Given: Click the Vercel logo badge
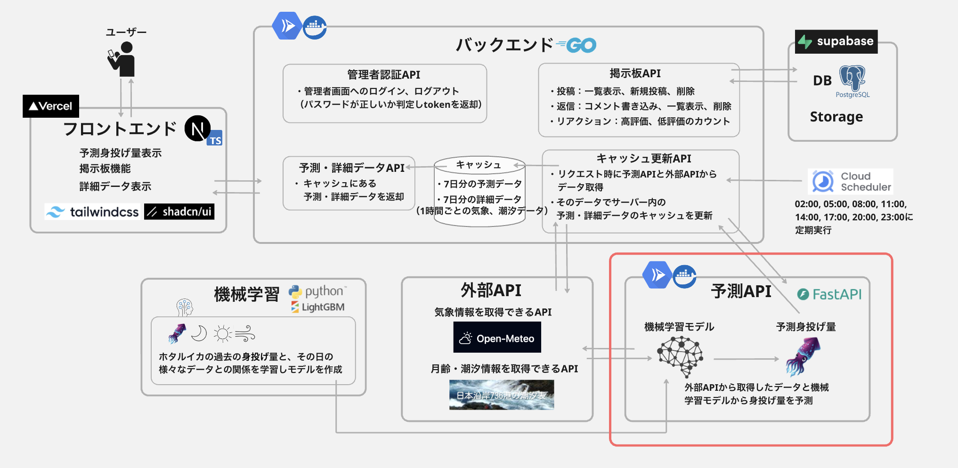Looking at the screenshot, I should point(51,106).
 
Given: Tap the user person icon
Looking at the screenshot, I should point(123,59).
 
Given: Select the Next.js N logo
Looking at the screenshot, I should point(197,129).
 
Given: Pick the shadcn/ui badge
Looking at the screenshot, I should point(179,212).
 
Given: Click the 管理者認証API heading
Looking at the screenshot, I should point(383,74).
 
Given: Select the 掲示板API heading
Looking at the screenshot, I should point(635,73).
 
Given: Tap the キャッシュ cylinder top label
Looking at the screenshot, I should point(479,165).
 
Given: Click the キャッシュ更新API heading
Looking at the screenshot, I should point(643,159).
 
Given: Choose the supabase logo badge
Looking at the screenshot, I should point(836,41).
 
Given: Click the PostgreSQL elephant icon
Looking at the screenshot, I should point(852,78).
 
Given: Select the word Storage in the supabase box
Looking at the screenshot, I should point(836,117).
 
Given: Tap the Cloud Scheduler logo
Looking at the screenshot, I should point(851,181).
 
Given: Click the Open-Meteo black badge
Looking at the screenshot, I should point(497,338).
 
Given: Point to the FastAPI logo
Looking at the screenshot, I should point(829,294).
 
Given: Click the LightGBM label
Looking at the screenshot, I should point(318,307).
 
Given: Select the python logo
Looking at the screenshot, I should point(317,291).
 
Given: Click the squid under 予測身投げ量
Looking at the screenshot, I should point(803,356).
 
